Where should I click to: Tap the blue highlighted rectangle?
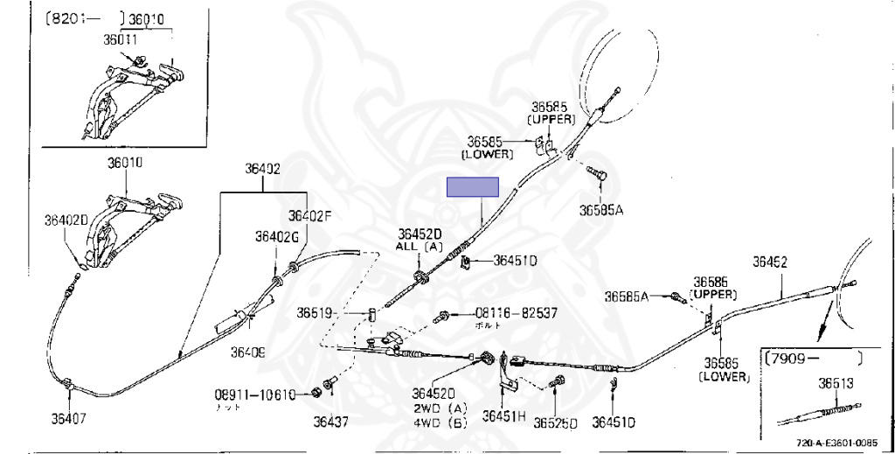(472, 187)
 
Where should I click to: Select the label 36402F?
(310, 215)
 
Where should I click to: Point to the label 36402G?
(277, 235)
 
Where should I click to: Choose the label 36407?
(68, 418)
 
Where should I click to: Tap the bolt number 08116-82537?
(515, 312)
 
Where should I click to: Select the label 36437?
(330, 422)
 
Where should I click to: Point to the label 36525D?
(558, 423)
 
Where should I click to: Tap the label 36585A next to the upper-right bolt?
(602, 210)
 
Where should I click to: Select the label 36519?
(314, 312)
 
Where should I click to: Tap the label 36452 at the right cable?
(770, 262)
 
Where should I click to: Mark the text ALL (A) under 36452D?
(420, 247)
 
